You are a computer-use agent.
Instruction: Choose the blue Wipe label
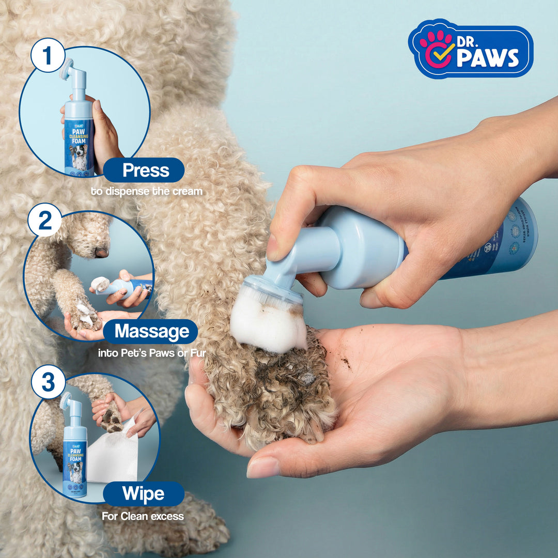(143, 494)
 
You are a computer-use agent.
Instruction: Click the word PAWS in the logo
(487, 58)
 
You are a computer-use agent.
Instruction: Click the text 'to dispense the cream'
(146, 191)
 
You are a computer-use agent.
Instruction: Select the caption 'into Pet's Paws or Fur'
(152, 353)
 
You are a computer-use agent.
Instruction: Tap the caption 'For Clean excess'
(143, 516)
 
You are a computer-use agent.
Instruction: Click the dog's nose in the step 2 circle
(102, 252)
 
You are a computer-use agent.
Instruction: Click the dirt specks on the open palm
(345, 362)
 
